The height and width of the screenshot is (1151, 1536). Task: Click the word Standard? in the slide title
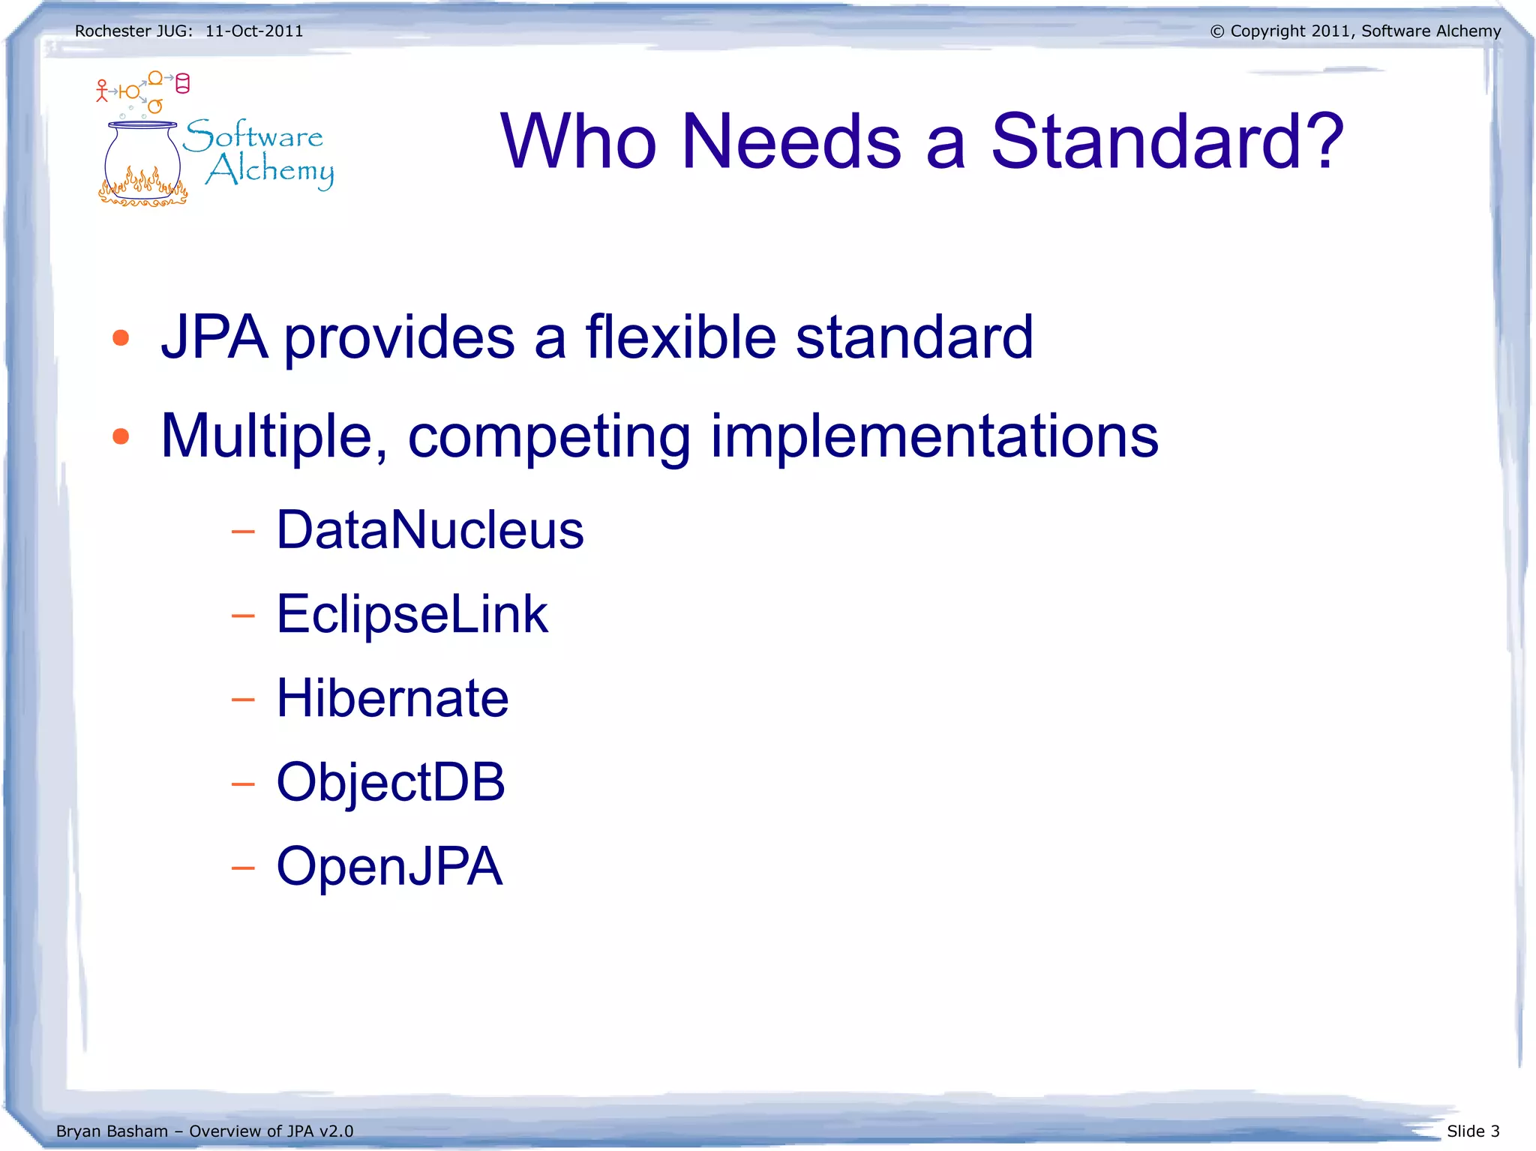[1167, 141]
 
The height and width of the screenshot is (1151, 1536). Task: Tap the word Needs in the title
[791, 141]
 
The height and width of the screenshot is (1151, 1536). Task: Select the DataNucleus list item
[430, 530]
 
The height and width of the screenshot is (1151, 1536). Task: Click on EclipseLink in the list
[412, 614]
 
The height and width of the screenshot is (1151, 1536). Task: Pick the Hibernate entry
[392, 698]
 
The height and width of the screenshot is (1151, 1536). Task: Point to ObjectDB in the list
[391, 782]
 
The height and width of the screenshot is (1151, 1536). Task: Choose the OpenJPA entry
[389, 866]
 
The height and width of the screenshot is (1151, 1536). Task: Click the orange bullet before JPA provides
[121, 338]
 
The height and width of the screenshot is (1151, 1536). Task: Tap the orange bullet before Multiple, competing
[121, 436]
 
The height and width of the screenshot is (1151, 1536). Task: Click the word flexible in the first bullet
[680, 337]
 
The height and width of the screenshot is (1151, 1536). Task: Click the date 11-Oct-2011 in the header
[254, 31]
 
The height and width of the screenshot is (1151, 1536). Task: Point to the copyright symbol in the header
[1217, 31]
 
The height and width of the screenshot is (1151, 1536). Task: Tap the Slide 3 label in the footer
[1473, 1131]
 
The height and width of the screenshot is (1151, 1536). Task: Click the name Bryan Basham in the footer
[112, 1131]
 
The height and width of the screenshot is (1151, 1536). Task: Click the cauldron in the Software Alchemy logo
[142, 161]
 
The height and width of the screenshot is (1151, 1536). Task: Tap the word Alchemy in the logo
[270, 171]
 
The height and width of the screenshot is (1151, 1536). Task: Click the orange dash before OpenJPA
[243, 868]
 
